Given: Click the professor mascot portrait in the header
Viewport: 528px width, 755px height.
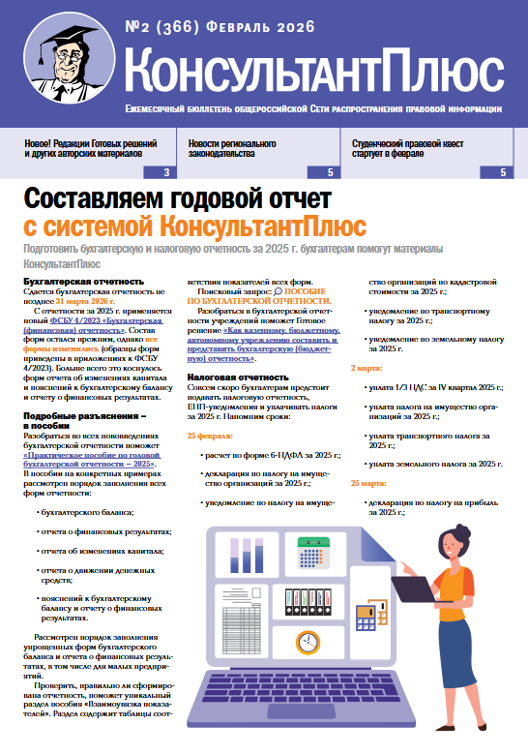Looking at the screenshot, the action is coord(58,61).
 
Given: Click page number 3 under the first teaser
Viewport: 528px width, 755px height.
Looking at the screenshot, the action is coord(167,172).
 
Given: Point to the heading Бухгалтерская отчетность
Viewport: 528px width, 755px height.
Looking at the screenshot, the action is coord(83,282).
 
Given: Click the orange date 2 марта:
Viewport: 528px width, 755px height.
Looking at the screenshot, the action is coord(366,368).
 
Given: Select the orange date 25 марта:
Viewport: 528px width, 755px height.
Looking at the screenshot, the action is coord(368,482).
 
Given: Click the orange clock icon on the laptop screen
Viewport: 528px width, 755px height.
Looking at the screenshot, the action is coord(308,642).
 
